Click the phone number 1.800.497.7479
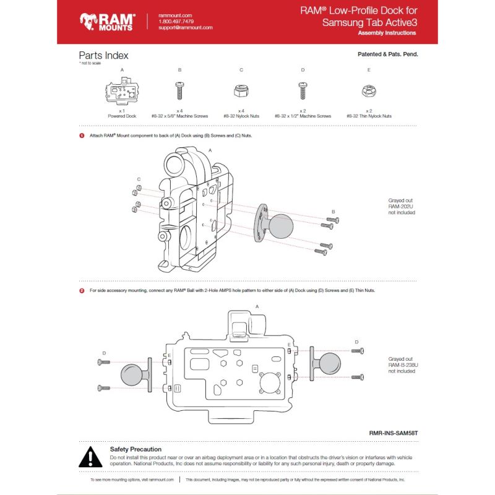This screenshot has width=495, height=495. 176,21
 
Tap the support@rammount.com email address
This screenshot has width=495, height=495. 185,28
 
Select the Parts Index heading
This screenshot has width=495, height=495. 103,56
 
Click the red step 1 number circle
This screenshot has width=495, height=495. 82,135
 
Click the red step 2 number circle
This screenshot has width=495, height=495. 82,290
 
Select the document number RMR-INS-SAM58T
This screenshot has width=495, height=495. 390,434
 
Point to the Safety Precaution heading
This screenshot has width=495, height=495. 136,449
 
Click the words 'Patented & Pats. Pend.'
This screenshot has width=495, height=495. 388,54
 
